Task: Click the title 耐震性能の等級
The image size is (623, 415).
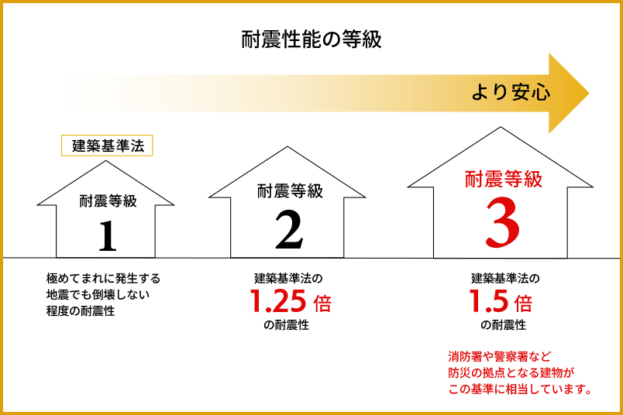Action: pyautogui.click(x=311, y=39)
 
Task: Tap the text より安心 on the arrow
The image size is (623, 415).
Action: pyautogui.click(x=511, y=93)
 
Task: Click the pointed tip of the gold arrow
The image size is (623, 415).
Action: pyautogui.click(x=589, y=94)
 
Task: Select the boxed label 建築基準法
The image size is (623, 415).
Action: pyautogui.click(x=107, y=146)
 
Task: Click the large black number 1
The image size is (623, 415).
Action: pyautogui.click(x=107, y=236)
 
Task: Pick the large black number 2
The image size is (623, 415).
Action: pyautogui.click(x=289, y=230)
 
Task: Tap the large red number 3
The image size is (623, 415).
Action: pyautogui.click(x=503, y=222)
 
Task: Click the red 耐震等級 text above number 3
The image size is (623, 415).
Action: pyautogui.click(x=504, y=179)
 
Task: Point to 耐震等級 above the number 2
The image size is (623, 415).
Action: pyautogui.click(x=290, y=191)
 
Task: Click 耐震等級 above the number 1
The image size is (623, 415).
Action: pyautogui.click(x=108, y=201)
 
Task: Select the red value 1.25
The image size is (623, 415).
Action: pyautogui.click(x=278, y=300)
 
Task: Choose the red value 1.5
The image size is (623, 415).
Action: pyautogui.click(x=489, y=300)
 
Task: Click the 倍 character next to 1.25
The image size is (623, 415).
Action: pyautogui.click(x=322, y=303)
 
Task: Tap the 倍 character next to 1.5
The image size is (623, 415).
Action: pyautogui.click(x=523, y=303)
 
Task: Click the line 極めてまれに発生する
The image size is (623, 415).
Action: pyautogui.click(x=103, y=279)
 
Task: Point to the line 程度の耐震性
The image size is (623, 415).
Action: pyautogui.click(x=81, y=311)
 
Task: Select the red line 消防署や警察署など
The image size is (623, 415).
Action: pyautogui.click(x=500, y=356)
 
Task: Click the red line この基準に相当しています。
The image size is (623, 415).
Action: pyautogui.click(x=520, y=389)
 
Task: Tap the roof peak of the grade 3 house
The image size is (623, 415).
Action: pyautogui.click(x=501, y=127)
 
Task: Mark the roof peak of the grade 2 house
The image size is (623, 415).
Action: pyautogui.click(x=287, y=147)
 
